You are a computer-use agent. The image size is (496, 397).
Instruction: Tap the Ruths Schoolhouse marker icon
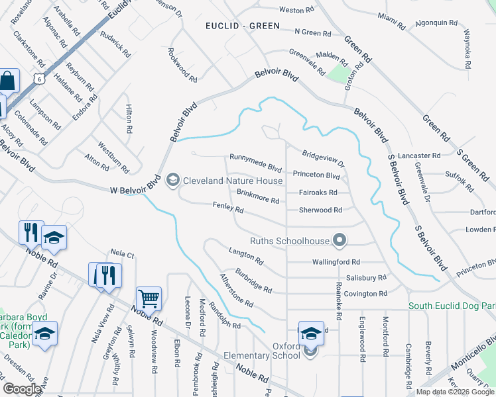click(x=340, y=240)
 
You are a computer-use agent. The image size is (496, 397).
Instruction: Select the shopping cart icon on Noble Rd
click(x=149, y=298)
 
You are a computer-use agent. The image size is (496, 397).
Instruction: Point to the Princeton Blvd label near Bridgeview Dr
click(x=316, y=176)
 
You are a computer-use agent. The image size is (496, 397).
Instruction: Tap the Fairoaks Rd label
click(x=318, y=193)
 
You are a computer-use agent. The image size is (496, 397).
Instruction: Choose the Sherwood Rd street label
click(x=320, y=210)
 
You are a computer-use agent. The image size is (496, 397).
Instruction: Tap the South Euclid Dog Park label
click(x=452, y=306)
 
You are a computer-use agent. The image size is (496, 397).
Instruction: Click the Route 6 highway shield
click(x=39, y=78)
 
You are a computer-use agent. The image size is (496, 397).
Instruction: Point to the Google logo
click(x=22, y=389)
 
